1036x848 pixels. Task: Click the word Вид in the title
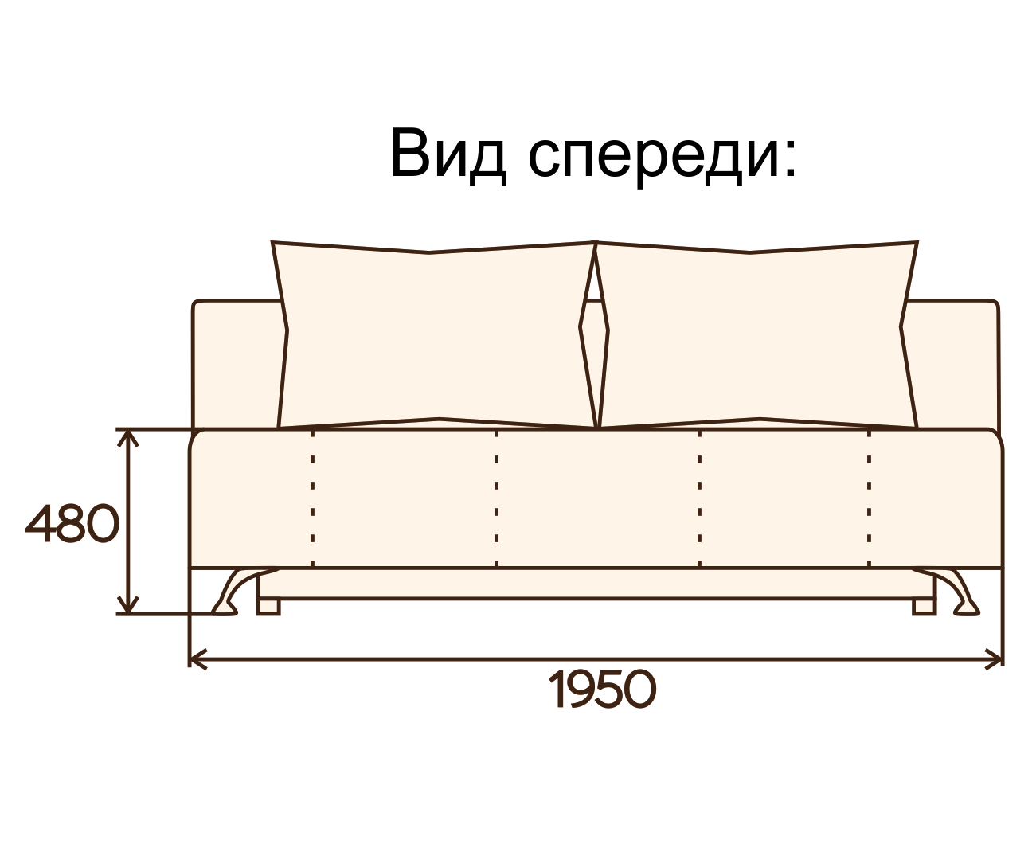click(x=448, y=154)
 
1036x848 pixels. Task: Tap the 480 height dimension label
click(x=72, y=525)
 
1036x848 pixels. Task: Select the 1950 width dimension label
click(x=603, y=690)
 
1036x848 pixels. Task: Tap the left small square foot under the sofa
click(x=268, y=607)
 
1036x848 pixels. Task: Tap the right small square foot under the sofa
click(x=924, y=607)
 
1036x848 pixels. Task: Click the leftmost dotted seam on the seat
click(x=313, y=498)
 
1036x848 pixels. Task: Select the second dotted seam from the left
click(x=496, y=498)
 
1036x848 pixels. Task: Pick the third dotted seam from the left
click(x=699, y=498)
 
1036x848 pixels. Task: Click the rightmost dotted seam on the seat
click(x=869, y=498)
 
